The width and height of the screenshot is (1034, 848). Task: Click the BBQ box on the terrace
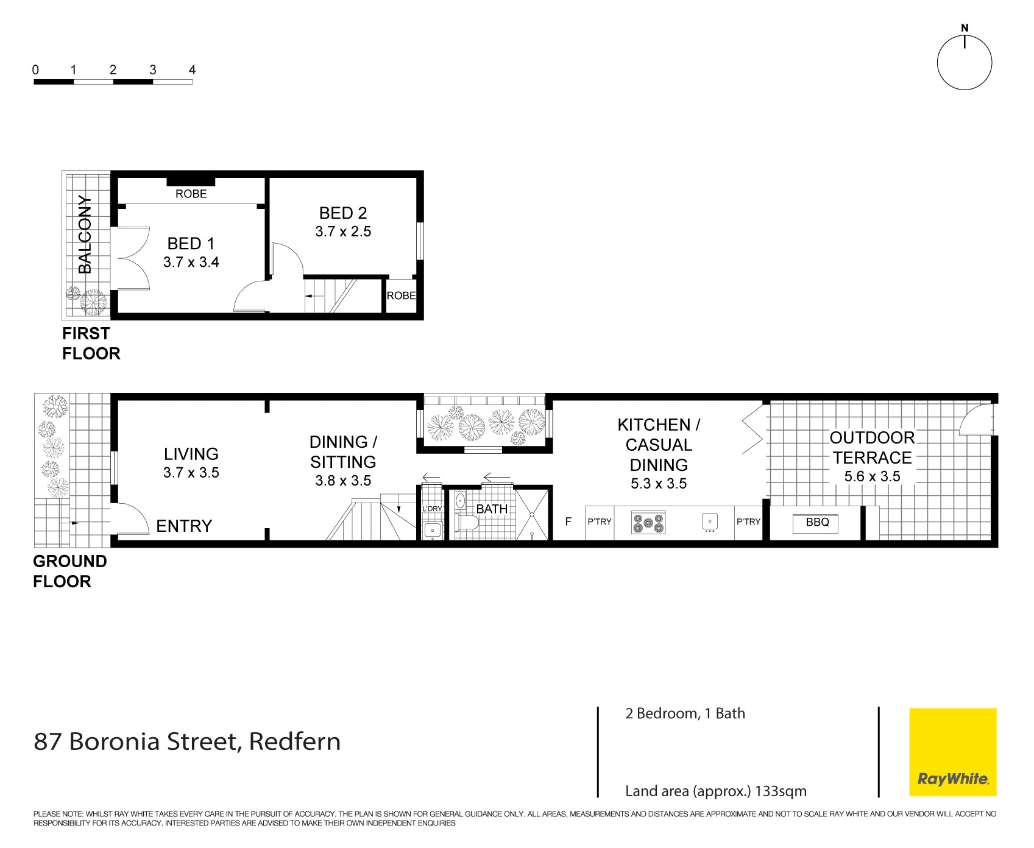816,523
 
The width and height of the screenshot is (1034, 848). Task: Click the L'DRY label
432,509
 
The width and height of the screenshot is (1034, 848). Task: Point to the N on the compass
965,28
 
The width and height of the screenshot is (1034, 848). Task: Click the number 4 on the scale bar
192,70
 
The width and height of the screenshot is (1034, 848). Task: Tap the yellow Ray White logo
953,752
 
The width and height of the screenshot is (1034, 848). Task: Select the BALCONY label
85,235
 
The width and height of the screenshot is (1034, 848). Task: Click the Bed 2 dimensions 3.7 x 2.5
343,231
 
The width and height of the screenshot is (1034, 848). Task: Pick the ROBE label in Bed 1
191,194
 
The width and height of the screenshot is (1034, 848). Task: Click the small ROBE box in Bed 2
401,296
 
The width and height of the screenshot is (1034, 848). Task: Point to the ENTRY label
184,526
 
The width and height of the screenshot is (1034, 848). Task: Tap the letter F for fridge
568,522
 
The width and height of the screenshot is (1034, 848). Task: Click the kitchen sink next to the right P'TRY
709,523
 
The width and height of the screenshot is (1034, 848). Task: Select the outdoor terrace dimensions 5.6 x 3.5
872,477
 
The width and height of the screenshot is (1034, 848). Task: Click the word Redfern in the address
295,742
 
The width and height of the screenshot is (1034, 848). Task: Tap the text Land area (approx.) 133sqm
715,791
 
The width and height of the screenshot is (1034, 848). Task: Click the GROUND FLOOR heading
69,571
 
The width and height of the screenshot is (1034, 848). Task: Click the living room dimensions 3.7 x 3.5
191,473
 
